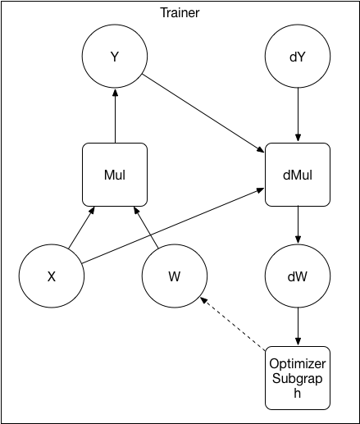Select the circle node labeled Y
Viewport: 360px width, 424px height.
click(115, 58)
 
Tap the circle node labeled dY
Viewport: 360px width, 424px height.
click(298, 58)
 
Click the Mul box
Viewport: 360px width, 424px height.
click(115, 175)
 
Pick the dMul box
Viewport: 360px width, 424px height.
click(298, 175)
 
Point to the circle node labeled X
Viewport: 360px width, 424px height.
click(52, 276)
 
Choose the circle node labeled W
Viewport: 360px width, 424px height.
click(175, 276)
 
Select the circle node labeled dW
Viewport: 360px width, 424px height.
click(298, 276)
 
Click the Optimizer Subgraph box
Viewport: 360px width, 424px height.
click(298, 377)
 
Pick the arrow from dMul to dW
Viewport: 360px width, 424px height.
click(298, 224)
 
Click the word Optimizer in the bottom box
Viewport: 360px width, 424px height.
click(298, 363)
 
